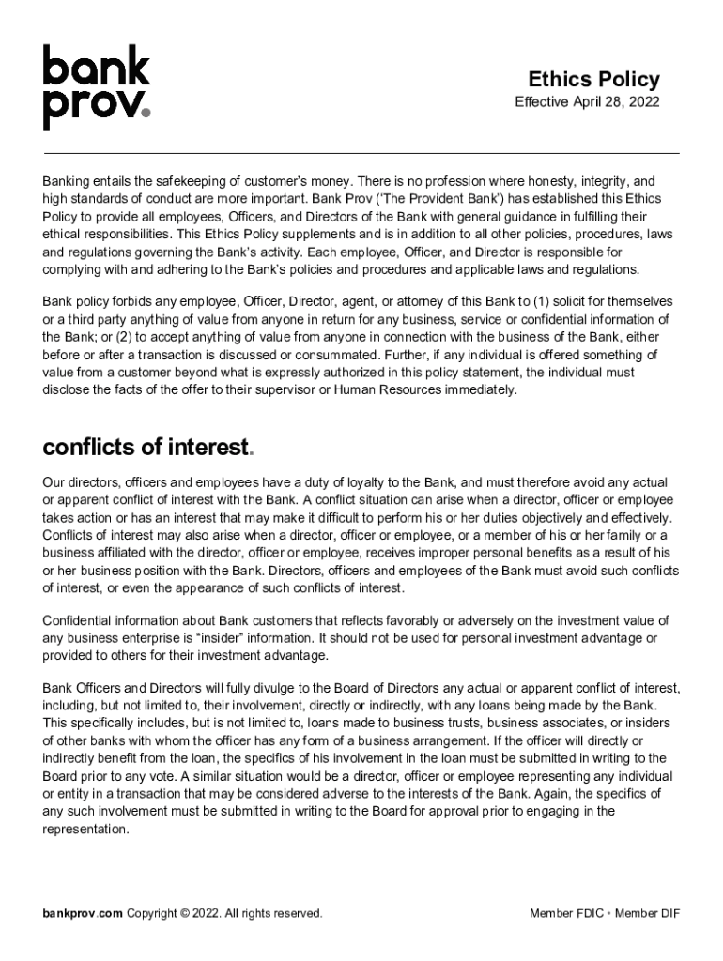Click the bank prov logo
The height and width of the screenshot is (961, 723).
click(96, 87)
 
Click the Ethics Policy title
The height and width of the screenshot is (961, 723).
click(593, 80)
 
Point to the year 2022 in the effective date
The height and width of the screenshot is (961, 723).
click(645, 101)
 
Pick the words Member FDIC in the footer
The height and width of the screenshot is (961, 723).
click(566, 913)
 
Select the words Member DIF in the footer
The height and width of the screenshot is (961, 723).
click(647, 913)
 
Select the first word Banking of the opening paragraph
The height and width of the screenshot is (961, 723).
click(68, 181)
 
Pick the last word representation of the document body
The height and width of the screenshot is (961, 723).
click(85, 830)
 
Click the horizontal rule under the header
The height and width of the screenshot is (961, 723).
click(361, 152)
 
